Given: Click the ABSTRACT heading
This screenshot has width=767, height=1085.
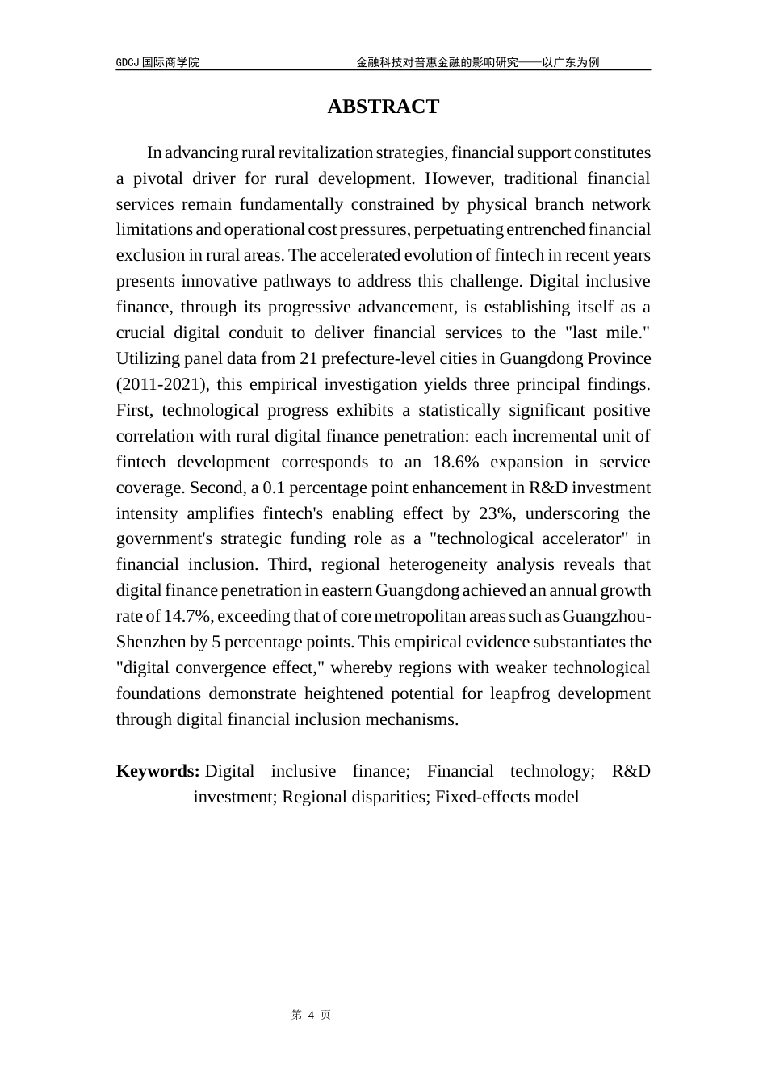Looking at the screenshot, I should click(x=383, y=107).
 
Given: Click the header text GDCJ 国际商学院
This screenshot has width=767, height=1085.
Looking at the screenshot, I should click(x=157, y=62).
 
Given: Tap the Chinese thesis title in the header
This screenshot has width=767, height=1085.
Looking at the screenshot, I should click(x=477, y=62).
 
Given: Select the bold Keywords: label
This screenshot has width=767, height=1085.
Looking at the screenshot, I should click(x=157, y=771).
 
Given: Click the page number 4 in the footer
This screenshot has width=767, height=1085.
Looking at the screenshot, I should click(x=311, y=1015).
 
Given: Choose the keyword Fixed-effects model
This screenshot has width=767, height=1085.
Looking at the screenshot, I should click(x=507, y=797).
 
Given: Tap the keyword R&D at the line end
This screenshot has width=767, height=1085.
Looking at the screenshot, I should click(x=631, y=771).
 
